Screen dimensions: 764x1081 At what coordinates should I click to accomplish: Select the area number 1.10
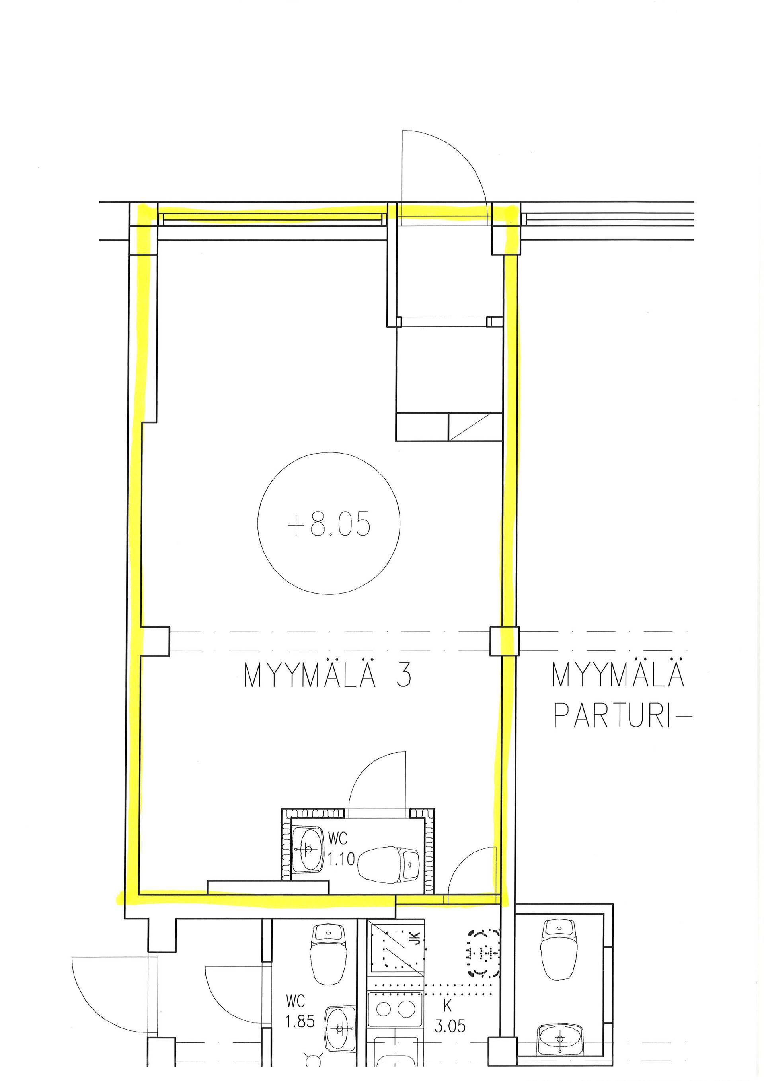tap(341, 859)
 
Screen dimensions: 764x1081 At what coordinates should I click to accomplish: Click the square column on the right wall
tap(504, 641)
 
